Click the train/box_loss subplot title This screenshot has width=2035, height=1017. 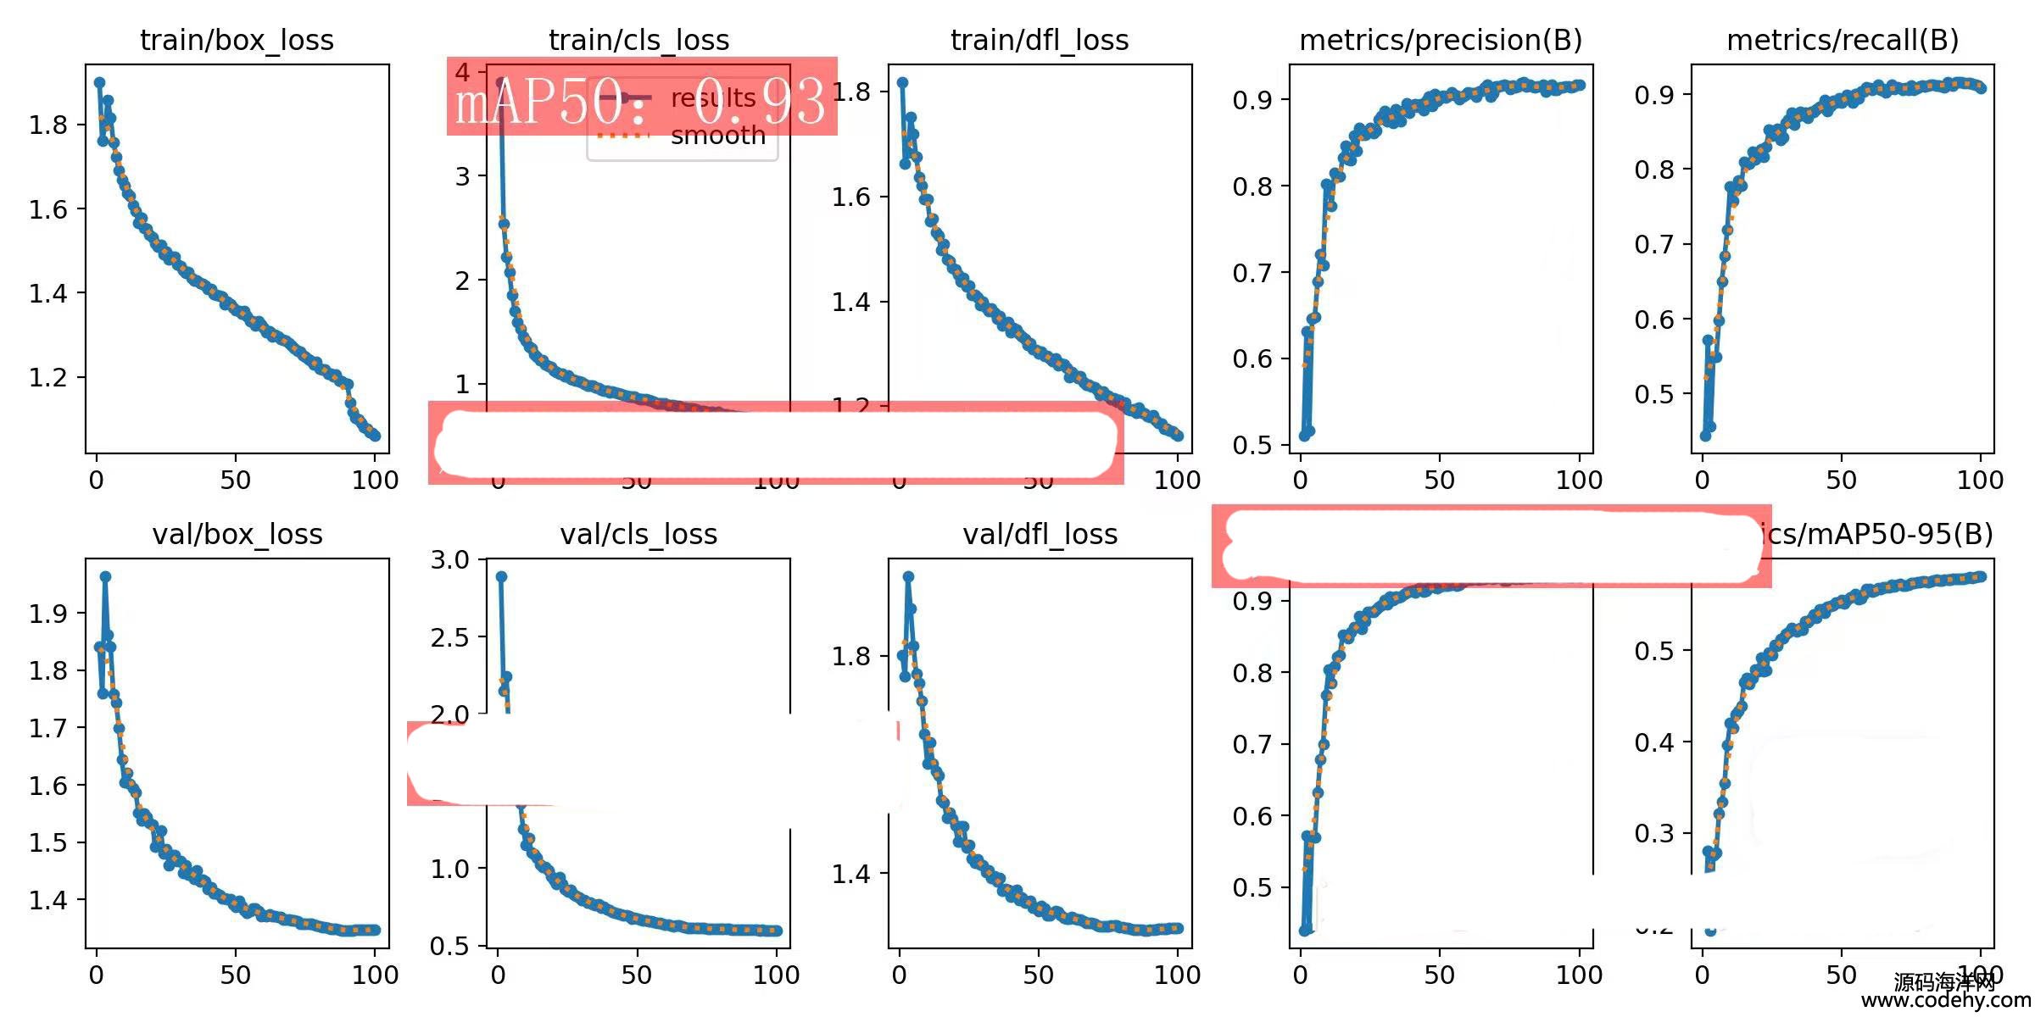click(237, 41)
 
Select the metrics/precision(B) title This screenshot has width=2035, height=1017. click(1441, 41)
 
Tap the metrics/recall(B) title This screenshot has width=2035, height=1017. click(1843, 41)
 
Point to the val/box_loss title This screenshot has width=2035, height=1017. click(237, 535)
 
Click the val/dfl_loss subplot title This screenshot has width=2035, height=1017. click(1040, 535)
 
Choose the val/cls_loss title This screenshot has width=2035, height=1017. click(638, 535)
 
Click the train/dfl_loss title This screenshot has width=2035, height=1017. click(1040, 41)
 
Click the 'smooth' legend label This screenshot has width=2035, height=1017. click(717, 136)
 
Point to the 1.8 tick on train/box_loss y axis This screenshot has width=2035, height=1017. click(47, 125)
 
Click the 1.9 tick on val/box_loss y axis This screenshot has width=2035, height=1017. click(47, 614)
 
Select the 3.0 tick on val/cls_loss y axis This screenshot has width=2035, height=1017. click(449, 560)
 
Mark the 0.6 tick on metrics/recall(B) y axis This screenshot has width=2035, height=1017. click(1653, 320)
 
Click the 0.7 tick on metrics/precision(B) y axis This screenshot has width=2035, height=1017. click(1252, 273)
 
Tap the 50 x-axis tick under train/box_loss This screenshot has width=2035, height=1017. click(235, 481)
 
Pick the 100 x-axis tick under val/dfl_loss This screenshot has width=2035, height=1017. click(1177, 975)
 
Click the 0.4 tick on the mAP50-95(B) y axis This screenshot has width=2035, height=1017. click(1653, 742)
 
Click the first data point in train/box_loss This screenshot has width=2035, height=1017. click(99, 83)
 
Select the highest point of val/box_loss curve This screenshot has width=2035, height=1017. click(105, 576)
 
